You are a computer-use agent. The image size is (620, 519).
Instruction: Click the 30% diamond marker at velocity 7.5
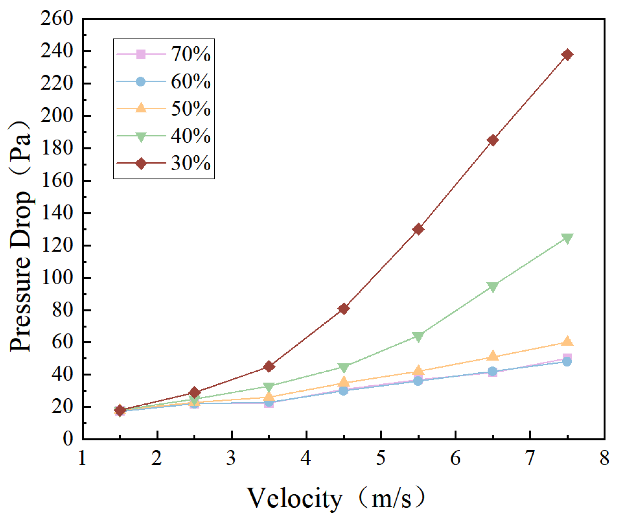click(567, 54)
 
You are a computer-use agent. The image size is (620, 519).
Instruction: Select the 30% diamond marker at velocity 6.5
click(492, 140)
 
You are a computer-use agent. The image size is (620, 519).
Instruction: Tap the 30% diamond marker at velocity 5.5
click(418, 229)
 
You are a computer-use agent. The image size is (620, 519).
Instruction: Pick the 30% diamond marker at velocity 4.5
click(343, 309)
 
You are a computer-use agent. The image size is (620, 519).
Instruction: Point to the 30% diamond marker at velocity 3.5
click(269, 367)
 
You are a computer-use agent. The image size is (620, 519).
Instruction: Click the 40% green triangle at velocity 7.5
click(567, 238)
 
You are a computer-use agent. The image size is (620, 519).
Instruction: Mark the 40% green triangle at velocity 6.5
click(492, 287)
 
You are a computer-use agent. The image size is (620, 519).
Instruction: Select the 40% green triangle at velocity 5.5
click(418, 337)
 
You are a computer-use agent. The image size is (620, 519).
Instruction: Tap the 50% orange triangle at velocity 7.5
click(567, 341)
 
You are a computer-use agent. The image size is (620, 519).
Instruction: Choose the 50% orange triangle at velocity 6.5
click(492, 356)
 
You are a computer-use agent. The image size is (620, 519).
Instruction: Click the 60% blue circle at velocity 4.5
click(343, 391)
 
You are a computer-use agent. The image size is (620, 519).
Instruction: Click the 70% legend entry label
click(191, 54)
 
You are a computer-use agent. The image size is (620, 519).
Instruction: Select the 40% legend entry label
click(191, 136)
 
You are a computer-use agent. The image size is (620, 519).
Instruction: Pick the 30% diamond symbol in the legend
click(141, 163)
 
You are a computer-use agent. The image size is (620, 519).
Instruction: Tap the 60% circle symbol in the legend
click(141, 82)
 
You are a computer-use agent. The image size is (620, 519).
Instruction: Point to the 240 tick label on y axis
click(56, 51)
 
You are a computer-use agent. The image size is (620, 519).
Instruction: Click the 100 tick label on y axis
click(56, 278)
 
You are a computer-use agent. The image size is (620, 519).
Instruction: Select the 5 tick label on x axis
click(381, 458)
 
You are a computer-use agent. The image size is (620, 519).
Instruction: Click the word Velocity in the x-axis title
click(294, 498)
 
